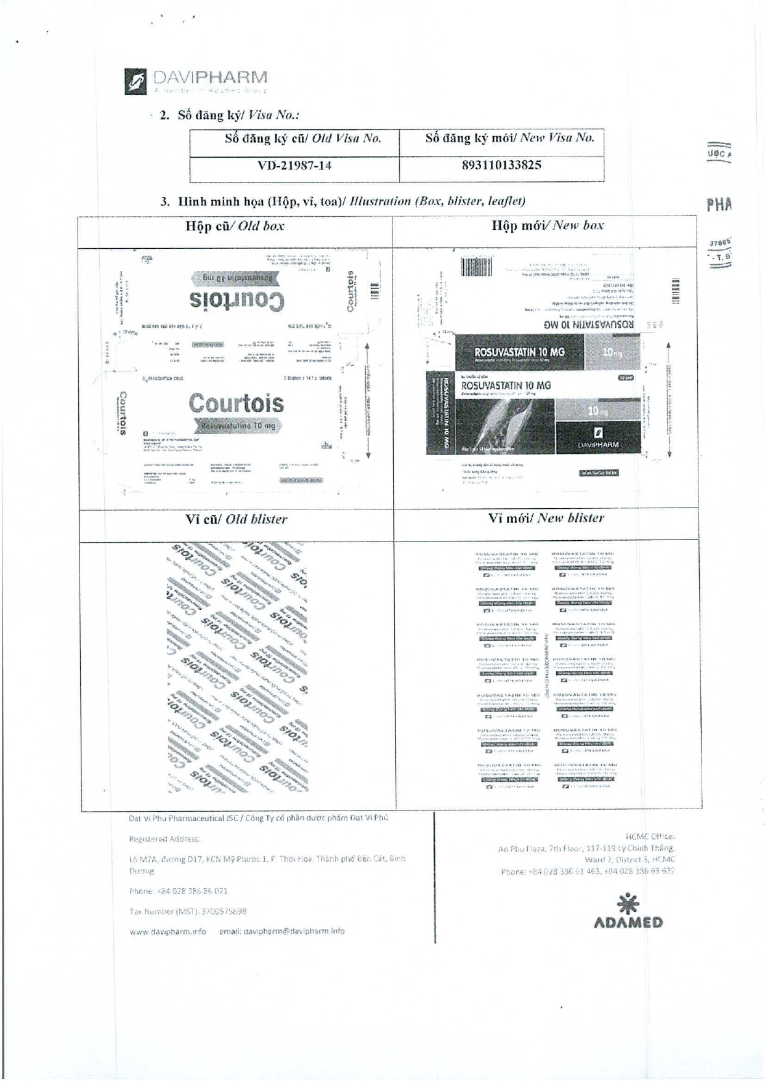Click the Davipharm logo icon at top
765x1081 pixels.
(136, 81)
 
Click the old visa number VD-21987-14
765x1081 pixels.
(294, 165)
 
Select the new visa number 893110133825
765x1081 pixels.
(501, 165)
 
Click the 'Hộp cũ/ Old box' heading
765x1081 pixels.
(235, 226)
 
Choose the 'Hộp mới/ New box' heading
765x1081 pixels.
(547, 225)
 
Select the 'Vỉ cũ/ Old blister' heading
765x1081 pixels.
(236, 519)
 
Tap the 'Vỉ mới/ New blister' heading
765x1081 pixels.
(546, 518)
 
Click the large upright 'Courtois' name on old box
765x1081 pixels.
(237, 403)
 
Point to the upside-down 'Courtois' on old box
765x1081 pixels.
(237, 301)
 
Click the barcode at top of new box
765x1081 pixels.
(477, 267)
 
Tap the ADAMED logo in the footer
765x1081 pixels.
(628, 913)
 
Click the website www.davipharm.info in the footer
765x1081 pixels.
(168, 931)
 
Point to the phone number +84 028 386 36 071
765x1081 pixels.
(192, 891)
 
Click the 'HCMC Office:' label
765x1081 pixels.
(650, 836)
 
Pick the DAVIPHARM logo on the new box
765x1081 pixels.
(598, 437)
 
